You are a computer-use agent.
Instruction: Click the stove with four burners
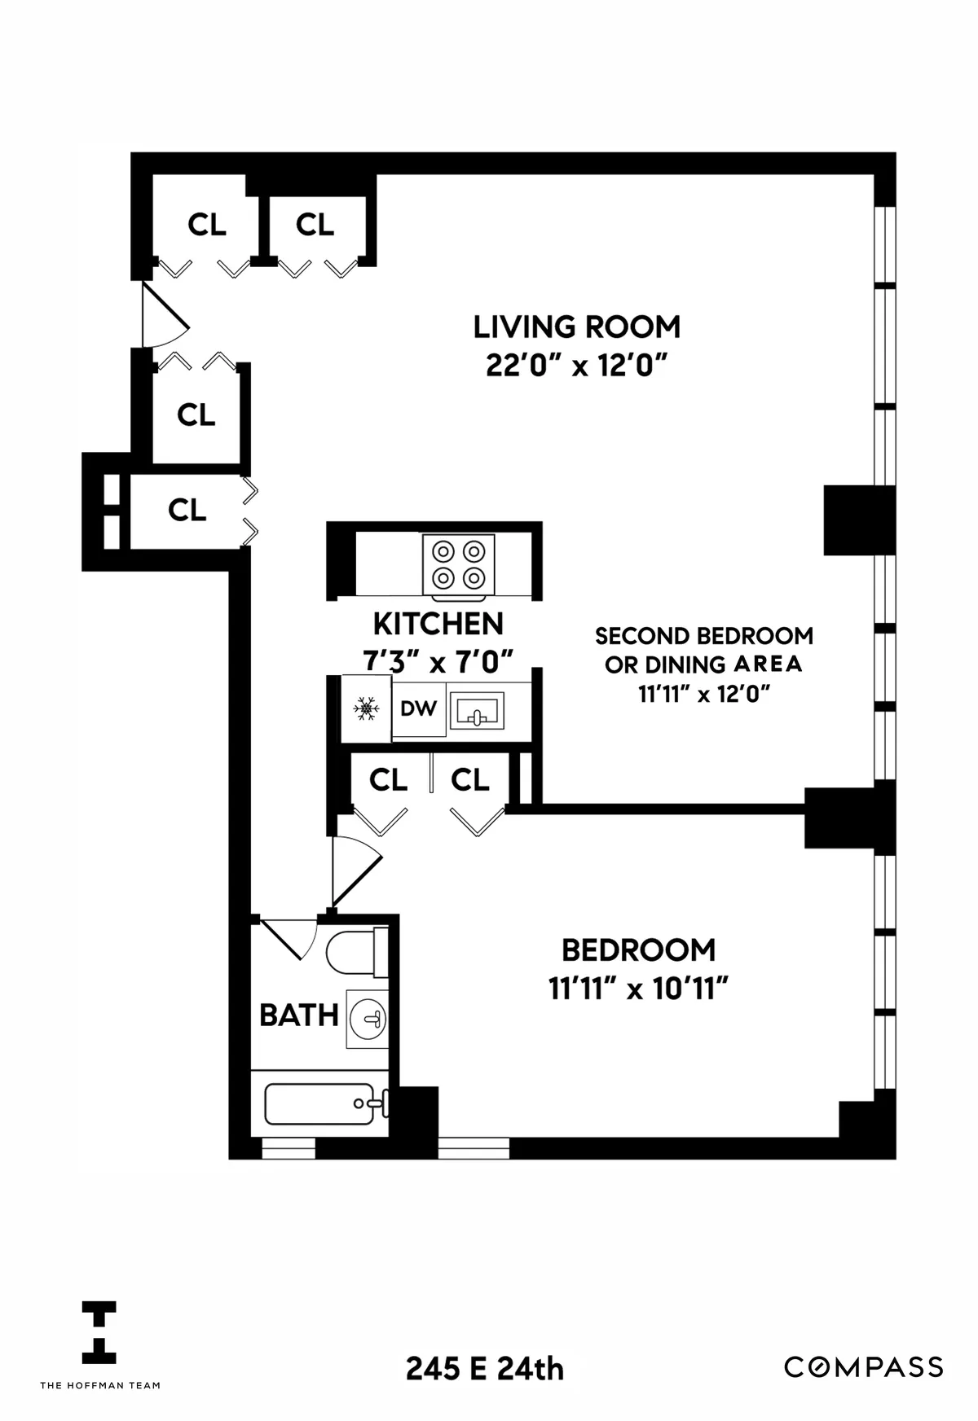pyautogui.click(x=458, y=564)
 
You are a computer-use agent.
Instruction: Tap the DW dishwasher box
pyautogui.click(x=418, y=709)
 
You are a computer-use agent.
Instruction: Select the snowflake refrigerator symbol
pyautogui.click(x=366, y=709)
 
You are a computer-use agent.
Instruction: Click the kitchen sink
pyautogui.click(x=477, y=711)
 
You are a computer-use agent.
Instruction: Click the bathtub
pyautogui.click(x=319, y=1104)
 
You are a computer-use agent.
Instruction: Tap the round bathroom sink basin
pyautogui.click(x=368, y=1019)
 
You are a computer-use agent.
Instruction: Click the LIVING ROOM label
pyautogui.click(x=576, y=327)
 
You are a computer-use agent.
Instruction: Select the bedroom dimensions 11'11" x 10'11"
pyautogui.click(x=637, y=989)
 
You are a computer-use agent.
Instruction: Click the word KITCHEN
pyautogui.click(x=438, y=625)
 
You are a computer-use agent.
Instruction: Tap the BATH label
pyautogui.click(x=298, y=1015)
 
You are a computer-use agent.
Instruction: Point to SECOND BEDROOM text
pyautogui.click(x=703, y=636)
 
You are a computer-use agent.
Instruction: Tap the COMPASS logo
pyautogui.click(x=864, y=1366)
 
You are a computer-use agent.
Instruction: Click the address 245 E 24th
pyautogui.click(x=485, y=1369)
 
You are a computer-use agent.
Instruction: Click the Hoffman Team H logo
pyautogui.click(x=99, y=1332)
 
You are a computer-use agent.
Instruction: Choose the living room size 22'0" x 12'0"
pyautogui.click(x=576, y=366)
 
